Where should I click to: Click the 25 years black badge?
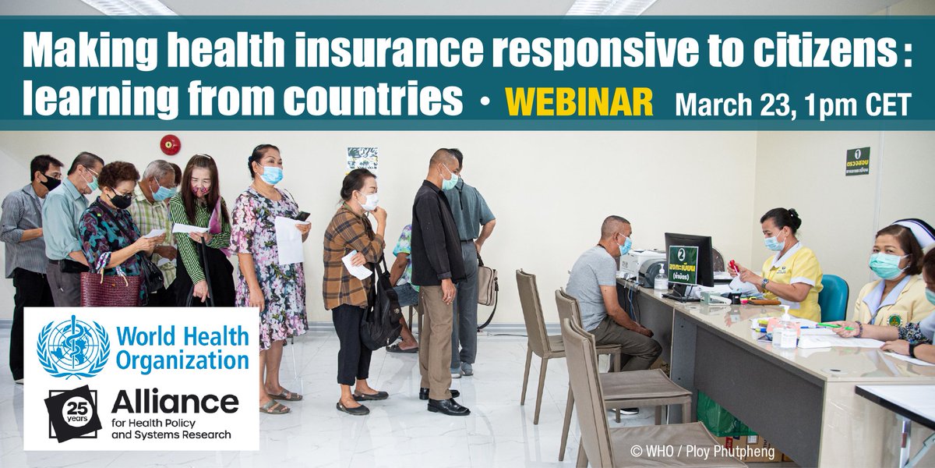coord(72,412)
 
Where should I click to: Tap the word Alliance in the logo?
coord(175,402)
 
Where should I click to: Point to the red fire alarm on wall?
coord(170,144)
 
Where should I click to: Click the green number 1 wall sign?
coord(857,161)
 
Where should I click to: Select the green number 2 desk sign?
coord(683,264)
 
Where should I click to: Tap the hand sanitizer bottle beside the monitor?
coord(662,276)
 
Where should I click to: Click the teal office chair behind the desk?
coord(834,297)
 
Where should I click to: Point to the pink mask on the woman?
coord(201,190)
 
